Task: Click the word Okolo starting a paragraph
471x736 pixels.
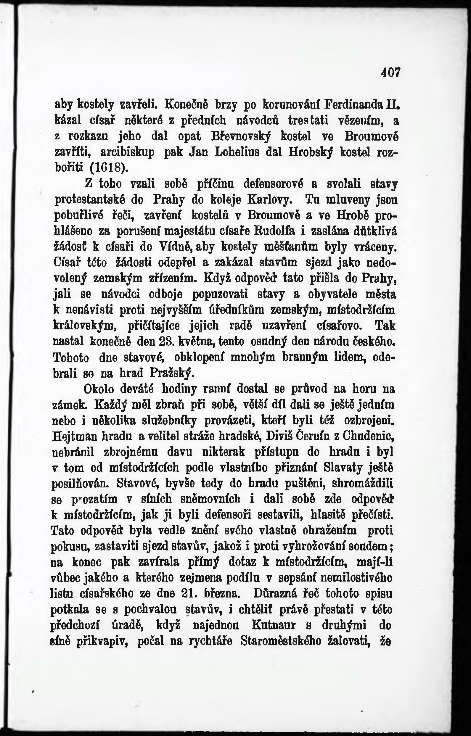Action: point(99,389)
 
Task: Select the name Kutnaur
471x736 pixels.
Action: point(274,625)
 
